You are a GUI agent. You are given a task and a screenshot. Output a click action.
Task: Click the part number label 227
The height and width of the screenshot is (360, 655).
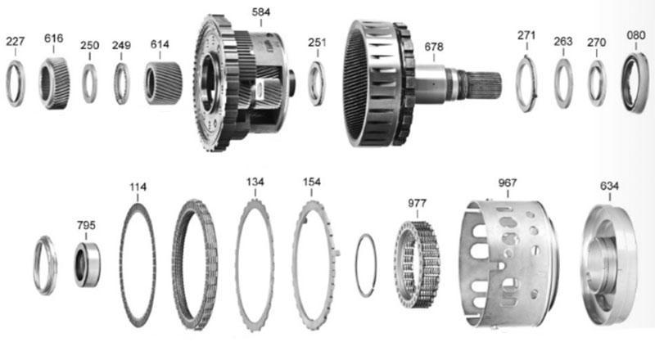click(15, 42)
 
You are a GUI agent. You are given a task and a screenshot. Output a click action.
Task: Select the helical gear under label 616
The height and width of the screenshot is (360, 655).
click(54, 83)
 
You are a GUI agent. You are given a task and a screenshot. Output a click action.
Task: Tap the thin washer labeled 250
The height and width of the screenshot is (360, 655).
click(89, 83)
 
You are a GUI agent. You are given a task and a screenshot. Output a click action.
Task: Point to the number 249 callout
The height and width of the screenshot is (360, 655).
click(121, 45)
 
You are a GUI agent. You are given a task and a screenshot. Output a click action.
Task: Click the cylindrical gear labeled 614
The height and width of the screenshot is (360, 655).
click(163, 83)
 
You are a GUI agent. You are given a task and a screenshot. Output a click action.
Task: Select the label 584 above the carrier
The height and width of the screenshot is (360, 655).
click(261, 12)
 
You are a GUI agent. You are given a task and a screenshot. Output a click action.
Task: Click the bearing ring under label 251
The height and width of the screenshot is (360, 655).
click(317, 83)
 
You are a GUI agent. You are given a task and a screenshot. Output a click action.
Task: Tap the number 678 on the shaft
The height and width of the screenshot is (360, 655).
click(434, 47)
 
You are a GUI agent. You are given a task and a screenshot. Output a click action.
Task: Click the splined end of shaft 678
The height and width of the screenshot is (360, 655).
click(484, 85)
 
